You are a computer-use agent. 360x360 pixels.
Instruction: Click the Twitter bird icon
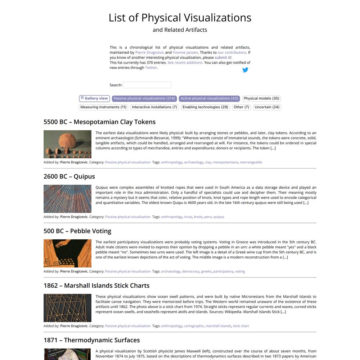[245, 70]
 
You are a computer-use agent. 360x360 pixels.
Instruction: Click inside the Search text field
[147, 85]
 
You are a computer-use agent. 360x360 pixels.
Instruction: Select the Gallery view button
[94, 98]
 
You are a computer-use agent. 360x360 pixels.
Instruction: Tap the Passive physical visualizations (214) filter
[144, 98]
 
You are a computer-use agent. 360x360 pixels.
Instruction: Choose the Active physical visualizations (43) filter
[209, 98]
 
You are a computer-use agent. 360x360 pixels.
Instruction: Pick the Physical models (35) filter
[261, 98]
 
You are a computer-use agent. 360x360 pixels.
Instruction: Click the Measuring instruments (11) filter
[103, 107]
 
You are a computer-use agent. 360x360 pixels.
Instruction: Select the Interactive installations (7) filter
[154, 107]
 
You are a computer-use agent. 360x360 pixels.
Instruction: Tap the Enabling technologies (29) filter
[205, 107]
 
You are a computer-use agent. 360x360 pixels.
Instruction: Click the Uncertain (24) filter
[267, 107]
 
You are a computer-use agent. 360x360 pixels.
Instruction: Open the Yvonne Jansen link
[185, 52]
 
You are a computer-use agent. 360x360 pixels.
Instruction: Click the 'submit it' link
[222, 57]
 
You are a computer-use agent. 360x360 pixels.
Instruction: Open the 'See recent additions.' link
[185, 62]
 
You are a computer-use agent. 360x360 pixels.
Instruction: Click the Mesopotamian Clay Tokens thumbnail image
[67, 144]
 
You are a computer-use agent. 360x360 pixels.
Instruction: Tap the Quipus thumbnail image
[67, 199]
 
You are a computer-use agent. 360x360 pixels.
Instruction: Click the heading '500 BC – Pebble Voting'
[77, 231]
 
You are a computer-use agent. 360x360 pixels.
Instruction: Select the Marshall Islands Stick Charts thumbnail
[67, 308]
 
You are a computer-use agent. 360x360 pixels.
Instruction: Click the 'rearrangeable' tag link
[251, 162]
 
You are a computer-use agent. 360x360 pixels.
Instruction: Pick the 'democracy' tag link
[190, 271]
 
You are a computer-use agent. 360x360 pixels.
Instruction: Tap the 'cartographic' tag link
[194, 326]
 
